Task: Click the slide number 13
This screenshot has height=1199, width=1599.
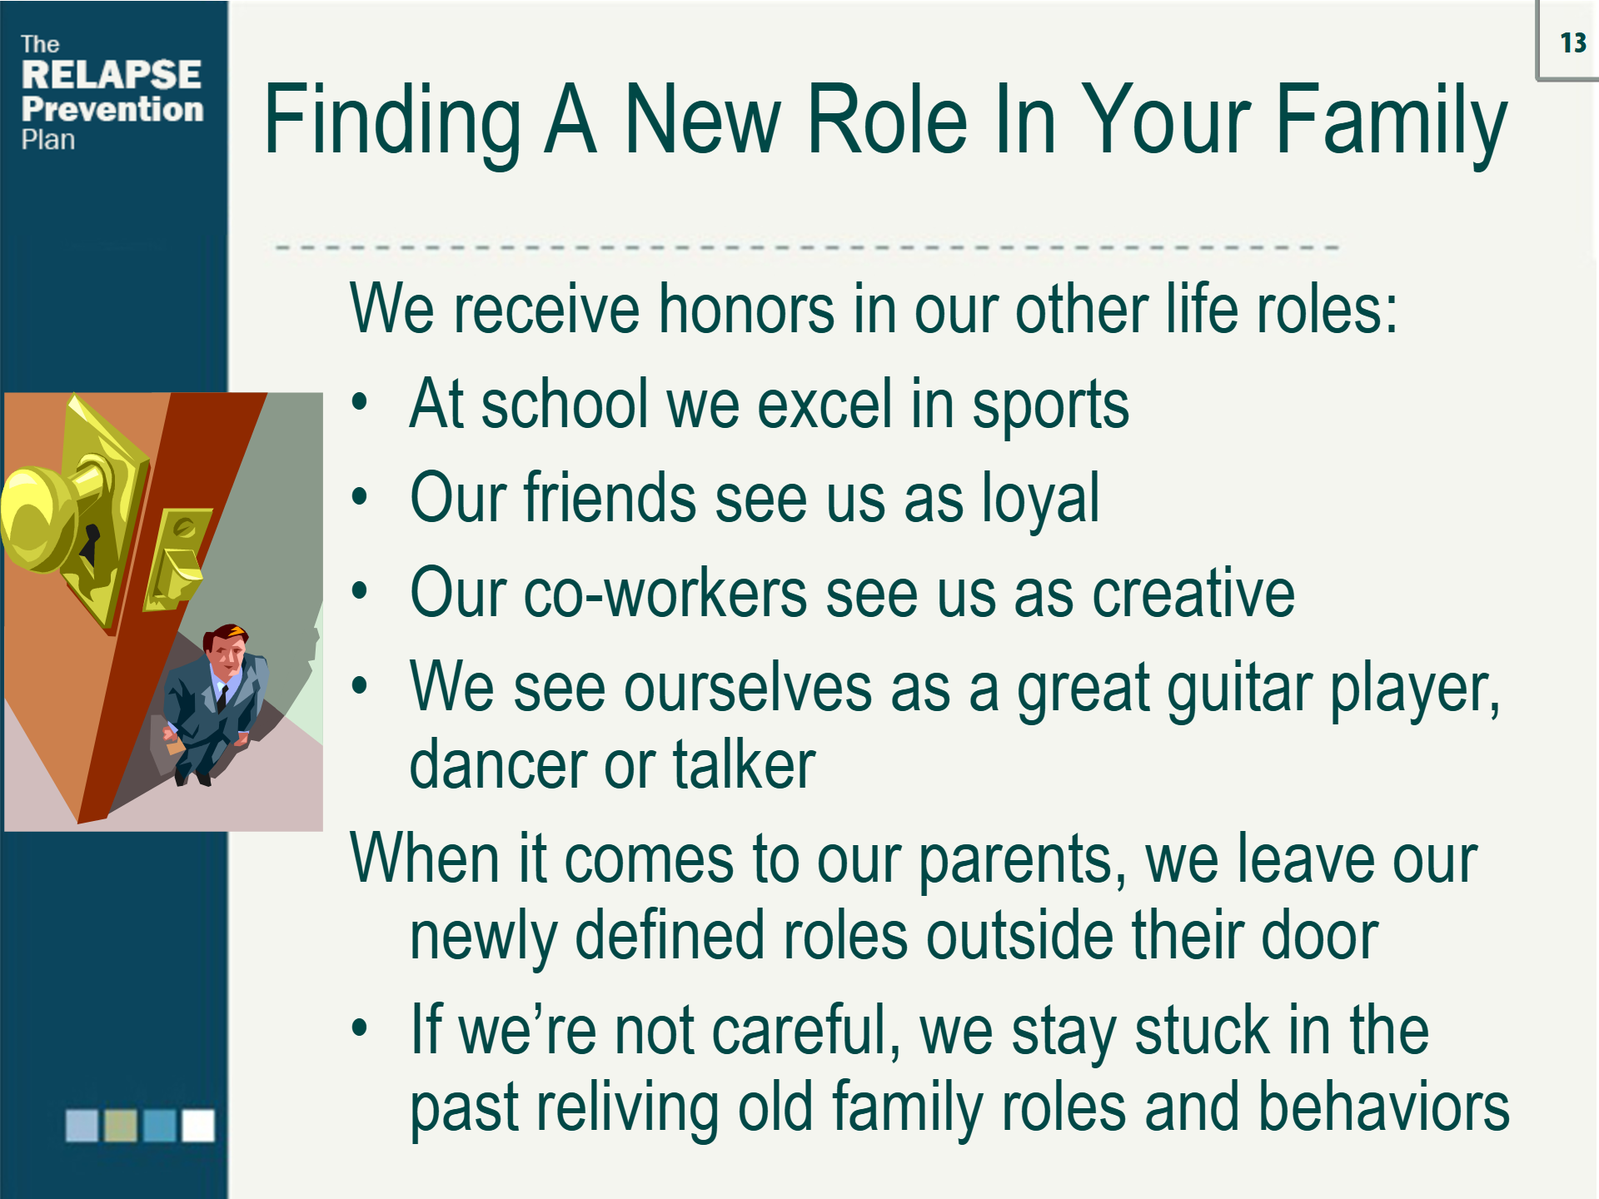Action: tap(1573, 42)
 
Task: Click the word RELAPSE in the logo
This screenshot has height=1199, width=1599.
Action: tap(112, 74)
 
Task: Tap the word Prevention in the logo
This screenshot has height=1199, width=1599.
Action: tap(112, 109)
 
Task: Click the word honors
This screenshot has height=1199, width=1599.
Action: tap(746, 309)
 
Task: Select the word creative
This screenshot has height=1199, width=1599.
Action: tap(1193, 593)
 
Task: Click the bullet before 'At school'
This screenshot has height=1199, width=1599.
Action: tap(359, 403)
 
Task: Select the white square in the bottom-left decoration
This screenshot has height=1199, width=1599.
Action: tap(198, 1125)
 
